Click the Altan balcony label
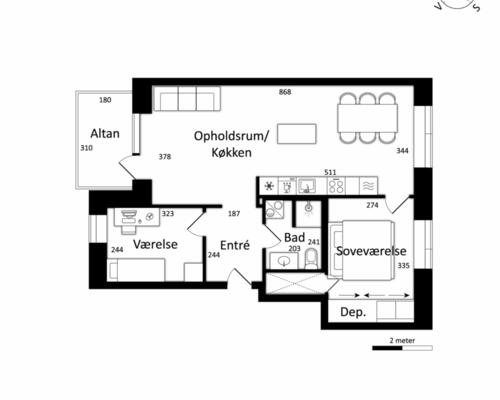pos(105,134)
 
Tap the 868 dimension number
pos(285,92)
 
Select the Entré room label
pos(235,245)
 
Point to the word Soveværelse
pos(371,251)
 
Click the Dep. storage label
pos(353,313)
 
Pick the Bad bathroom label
pos(294,238)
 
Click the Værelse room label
pos(155,244)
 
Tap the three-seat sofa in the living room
pos(187,99)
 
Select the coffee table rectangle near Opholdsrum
pos(297,134)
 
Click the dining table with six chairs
pos(368,118)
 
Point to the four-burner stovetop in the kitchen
pos(336,186)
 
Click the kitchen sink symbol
pos(307,186)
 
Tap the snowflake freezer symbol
pos(269,186)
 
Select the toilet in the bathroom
pos(312,259)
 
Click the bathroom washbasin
pos(284,260)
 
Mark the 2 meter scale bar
pos(402,348)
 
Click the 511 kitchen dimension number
pos(330,172)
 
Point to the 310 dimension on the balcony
pos(86,148)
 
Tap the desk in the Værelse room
pos(137,217)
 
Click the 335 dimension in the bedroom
pos(403,266)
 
